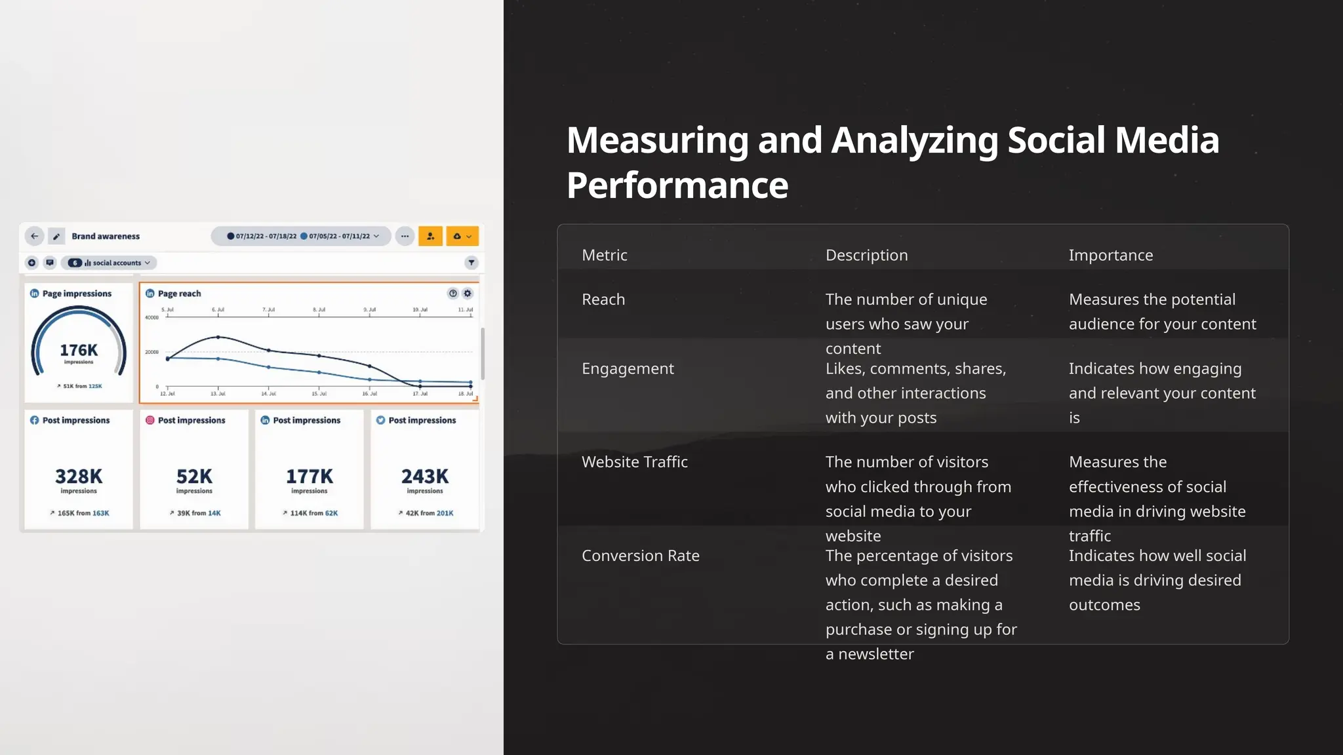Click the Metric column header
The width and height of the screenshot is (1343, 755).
(x=604, y=255)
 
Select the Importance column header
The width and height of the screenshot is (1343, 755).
(x=1110, y=255)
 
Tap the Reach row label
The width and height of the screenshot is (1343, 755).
(x=603, y=300)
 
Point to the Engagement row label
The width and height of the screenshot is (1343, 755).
(x=627, y=368)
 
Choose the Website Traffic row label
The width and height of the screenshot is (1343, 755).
(x=634, y=462)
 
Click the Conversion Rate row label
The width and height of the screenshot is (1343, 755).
(x=640, y=556)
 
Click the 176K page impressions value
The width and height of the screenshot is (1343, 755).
(x=79, y=351)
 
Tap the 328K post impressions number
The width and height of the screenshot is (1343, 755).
(x=79, y=476)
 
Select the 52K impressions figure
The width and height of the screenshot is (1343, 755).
(x=194, y=476)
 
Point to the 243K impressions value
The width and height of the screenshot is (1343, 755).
(x=425, y=476)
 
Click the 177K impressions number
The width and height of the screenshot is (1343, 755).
(x=310, y=476)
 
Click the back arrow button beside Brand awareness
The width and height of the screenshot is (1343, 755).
(x=35, y=236)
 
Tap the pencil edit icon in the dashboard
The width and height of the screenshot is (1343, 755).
(x=56, y=237)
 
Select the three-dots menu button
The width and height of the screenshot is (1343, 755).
(x=405, y=236)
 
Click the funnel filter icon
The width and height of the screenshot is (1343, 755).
(x=471, y=263)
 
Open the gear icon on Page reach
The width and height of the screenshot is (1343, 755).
(x=468, y=294)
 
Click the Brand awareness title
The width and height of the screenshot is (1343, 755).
(x=106, y=236)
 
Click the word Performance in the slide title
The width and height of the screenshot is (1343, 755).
(x=677, y=185)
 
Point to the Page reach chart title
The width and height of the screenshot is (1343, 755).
(x=179, y=294)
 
